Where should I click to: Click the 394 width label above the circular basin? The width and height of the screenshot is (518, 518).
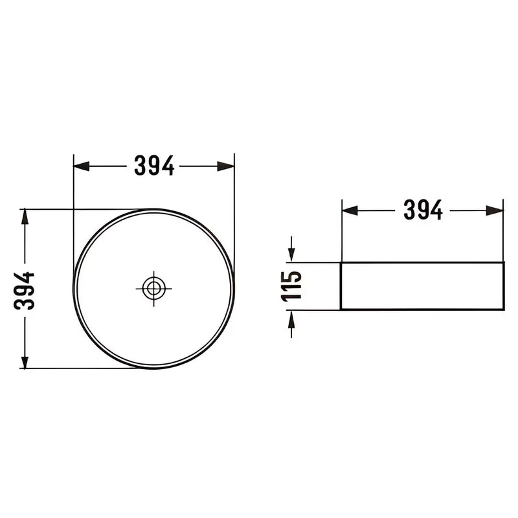(x=154, y=166)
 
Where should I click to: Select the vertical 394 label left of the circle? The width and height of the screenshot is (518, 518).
(x=25, y=289)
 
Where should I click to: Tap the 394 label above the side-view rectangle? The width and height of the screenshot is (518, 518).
(x=423, y=210)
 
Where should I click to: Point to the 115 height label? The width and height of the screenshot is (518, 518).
(x=291, y=286)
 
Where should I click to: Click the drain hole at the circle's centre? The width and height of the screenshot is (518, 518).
(x=153, y=288)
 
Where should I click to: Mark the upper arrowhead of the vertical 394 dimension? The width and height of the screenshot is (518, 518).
(x=25, y=217)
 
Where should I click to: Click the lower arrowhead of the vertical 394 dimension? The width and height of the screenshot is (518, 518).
(x=25, y=361)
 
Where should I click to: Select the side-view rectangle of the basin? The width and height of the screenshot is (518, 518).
(x=422, y=286)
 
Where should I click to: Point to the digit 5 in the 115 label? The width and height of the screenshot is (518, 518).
(x=291, y=276)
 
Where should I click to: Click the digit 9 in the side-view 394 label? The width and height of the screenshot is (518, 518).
(x=423, y=210)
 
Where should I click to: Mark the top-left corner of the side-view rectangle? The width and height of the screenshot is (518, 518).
(x=341, y=263)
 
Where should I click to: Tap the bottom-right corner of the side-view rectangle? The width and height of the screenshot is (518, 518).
(x=503, y=310)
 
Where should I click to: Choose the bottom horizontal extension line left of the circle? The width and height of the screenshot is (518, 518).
(x=78, y=368)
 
